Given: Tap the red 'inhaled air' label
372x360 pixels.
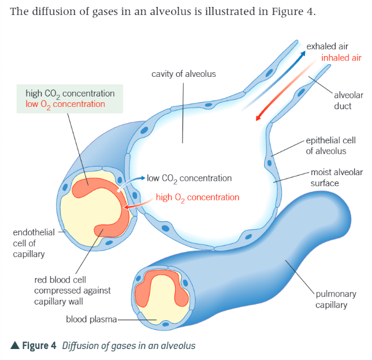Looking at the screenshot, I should click(341, 58).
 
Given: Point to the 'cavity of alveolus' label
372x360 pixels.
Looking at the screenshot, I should click(184, 74).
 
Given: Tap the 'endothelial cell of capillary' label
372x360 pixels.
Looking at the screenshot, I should click(32, 243).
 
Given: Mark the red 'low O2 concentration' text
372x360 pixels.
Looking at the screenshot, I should click(65, 105).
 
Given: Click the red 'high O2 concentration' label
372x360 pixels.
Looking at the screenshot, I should click(197, 197).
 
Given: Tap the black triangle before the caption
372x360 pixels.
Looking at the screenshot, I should click(15, 346).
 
